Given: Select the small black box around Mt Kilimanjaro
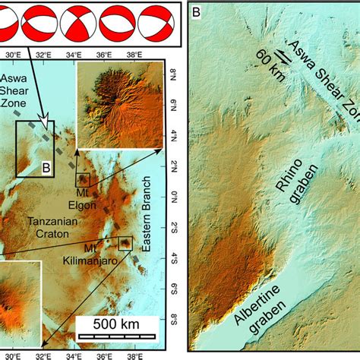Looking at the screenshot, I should pos(125,243).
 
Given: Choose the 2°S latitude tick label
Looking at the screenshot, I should pos(172,226).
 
